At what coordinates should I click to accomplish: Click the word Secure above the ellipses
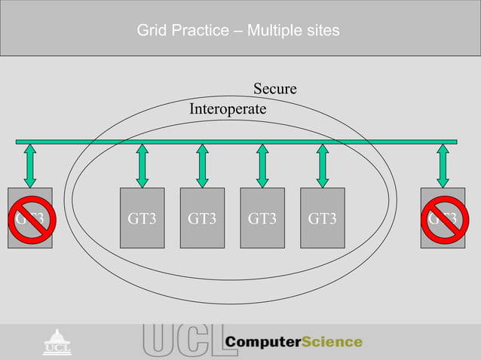(x=274, y=89)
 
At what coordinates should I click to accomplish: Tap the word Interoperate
(x=228, y=109)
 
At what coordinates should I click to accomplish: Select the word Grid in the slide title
(x=150, y=31)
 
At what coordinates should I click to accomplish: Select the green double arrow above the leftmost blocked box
(x=29, y=166)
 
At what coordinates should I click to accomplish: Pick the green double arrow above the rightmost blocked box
(x=443, y=166)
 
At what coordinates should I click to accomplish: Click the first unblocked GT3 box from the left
(x=142, y=218)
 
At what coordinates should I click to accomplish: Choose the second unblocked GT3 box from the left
(x=202, y=218)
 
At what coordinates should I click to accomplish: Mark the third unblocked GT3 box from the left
(x=262, y=218)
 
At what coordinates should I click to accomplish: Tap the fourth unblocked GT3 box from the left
(x=322, y=218)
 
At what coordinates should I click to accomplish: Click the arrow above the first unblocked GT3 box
(x=142, y=166)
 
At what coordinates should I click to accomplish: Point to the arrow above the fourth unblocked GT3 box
(x=322, y=166)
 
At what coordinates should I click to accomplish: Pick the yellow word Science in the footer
(x=332, y=342)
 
